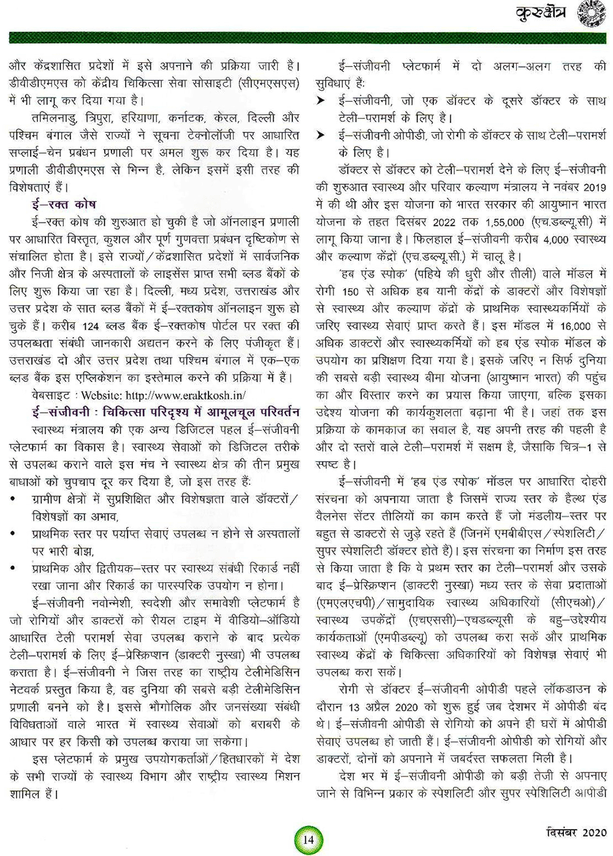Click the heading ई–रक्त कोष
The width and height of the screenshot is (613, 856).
coord(64,204)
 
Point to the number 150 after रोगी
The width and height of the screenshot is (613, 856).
coord(350,292)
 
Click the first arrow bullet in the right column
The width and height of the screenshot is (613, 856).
coord(321,101)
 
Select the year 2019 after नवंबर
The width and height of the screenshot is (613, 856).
coord(592,187)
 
